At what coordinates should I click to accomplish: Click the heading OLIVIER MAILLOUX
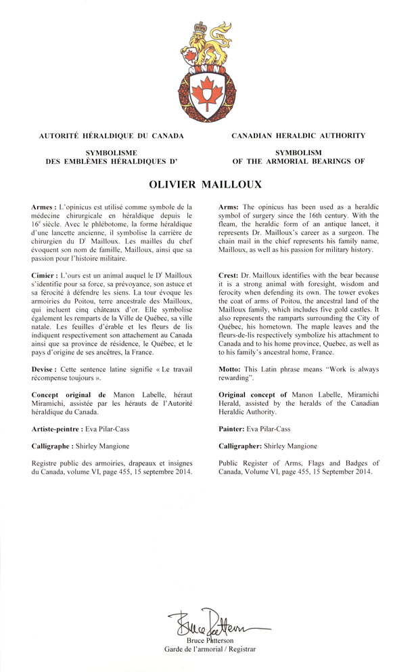(x=208, y=184)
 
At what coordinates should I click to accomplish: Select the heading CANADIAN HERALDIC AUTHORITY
(x=298, y=135)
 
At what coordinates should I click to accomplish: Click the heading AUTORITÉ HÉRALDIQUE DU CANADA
(x=112, y=135)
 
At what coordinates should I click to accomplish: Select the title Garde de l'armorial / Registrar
(x=210, y=649)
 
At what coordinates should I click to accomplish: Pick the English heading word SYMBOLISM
(x=298, y=153)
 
